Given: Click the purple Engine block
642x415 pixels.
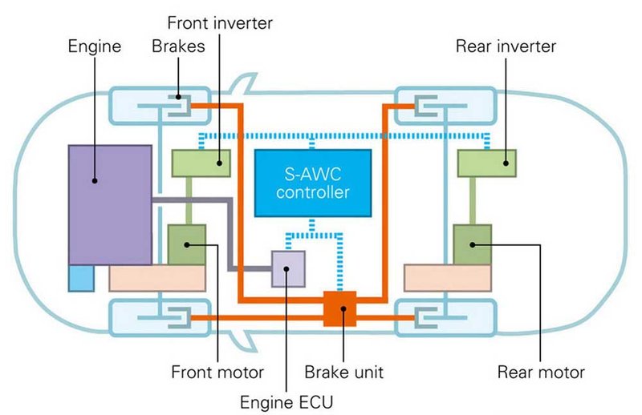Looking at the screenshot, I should click(x=110, y=204).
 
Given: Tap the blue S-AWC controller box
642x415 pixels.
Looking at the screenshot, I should click(x=312, y=183).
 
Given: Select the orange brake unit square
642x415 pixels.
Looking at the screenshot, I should click(x=339, y=308).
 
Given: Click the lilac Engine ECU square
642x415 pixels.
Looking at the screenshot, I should click(x=288, y=268).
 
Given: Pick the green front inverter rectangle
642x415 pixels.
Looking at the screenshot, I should click(x=201, y=163).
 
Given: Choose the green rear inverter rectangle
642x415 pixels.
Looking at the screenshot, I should click(x=486, y=163).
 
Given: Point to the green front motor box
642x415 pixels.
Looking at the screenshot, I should click(x=187, y=244).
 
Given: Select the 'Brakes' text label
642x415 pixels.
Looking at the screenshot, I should click(x=178, y=46).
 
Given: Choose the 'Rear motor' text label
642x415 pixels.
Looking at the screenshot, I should click(x=541, y=373).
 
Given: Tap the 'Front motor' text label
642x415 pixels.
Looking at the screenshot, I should click(x=217, y=373).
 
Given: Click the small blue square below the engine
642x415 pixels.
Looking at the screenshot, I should click(x=81, y=277).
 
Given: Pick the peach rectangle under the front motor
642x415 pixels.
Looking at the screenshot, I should click(x=157, y=278).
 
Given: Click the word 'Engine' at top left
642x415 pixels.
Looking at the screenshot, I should click(x=95, y=46).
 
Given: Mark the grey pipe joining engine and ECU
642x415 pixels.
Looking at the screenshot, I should click(x=231, y=232).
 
